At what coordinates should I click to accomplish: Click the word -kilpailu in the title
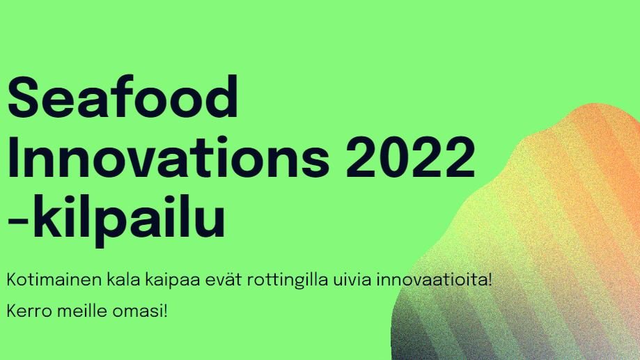[116, 219]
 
